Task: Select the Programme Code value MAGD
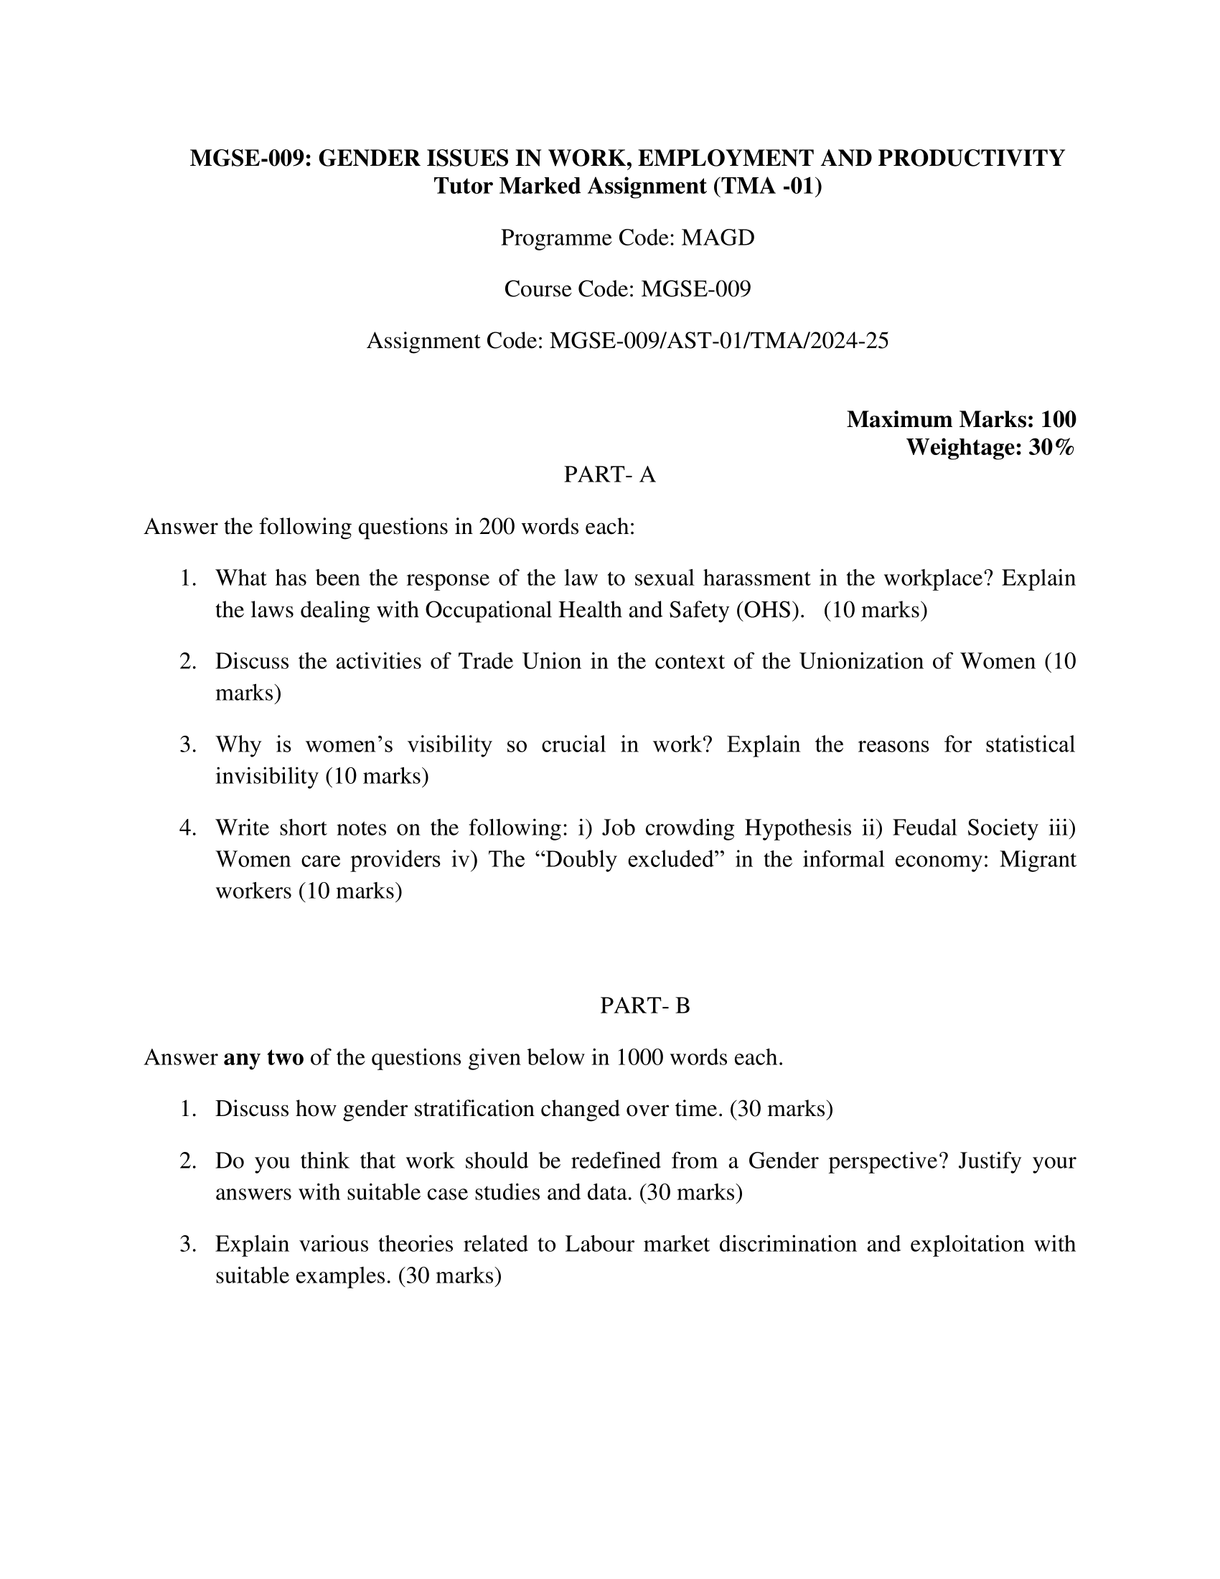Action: (718, 237)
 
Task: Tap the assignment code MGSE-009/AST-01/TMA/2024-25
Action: (718, 339)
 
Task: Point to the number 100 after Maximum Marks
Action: (1058, 418)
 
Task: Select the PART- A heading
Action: (609, 474)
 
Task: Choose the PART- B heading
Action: (644, 1006)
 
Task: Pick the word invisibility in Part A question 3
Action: (267, 776)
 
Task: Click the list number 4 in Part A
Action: (187, 827)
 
